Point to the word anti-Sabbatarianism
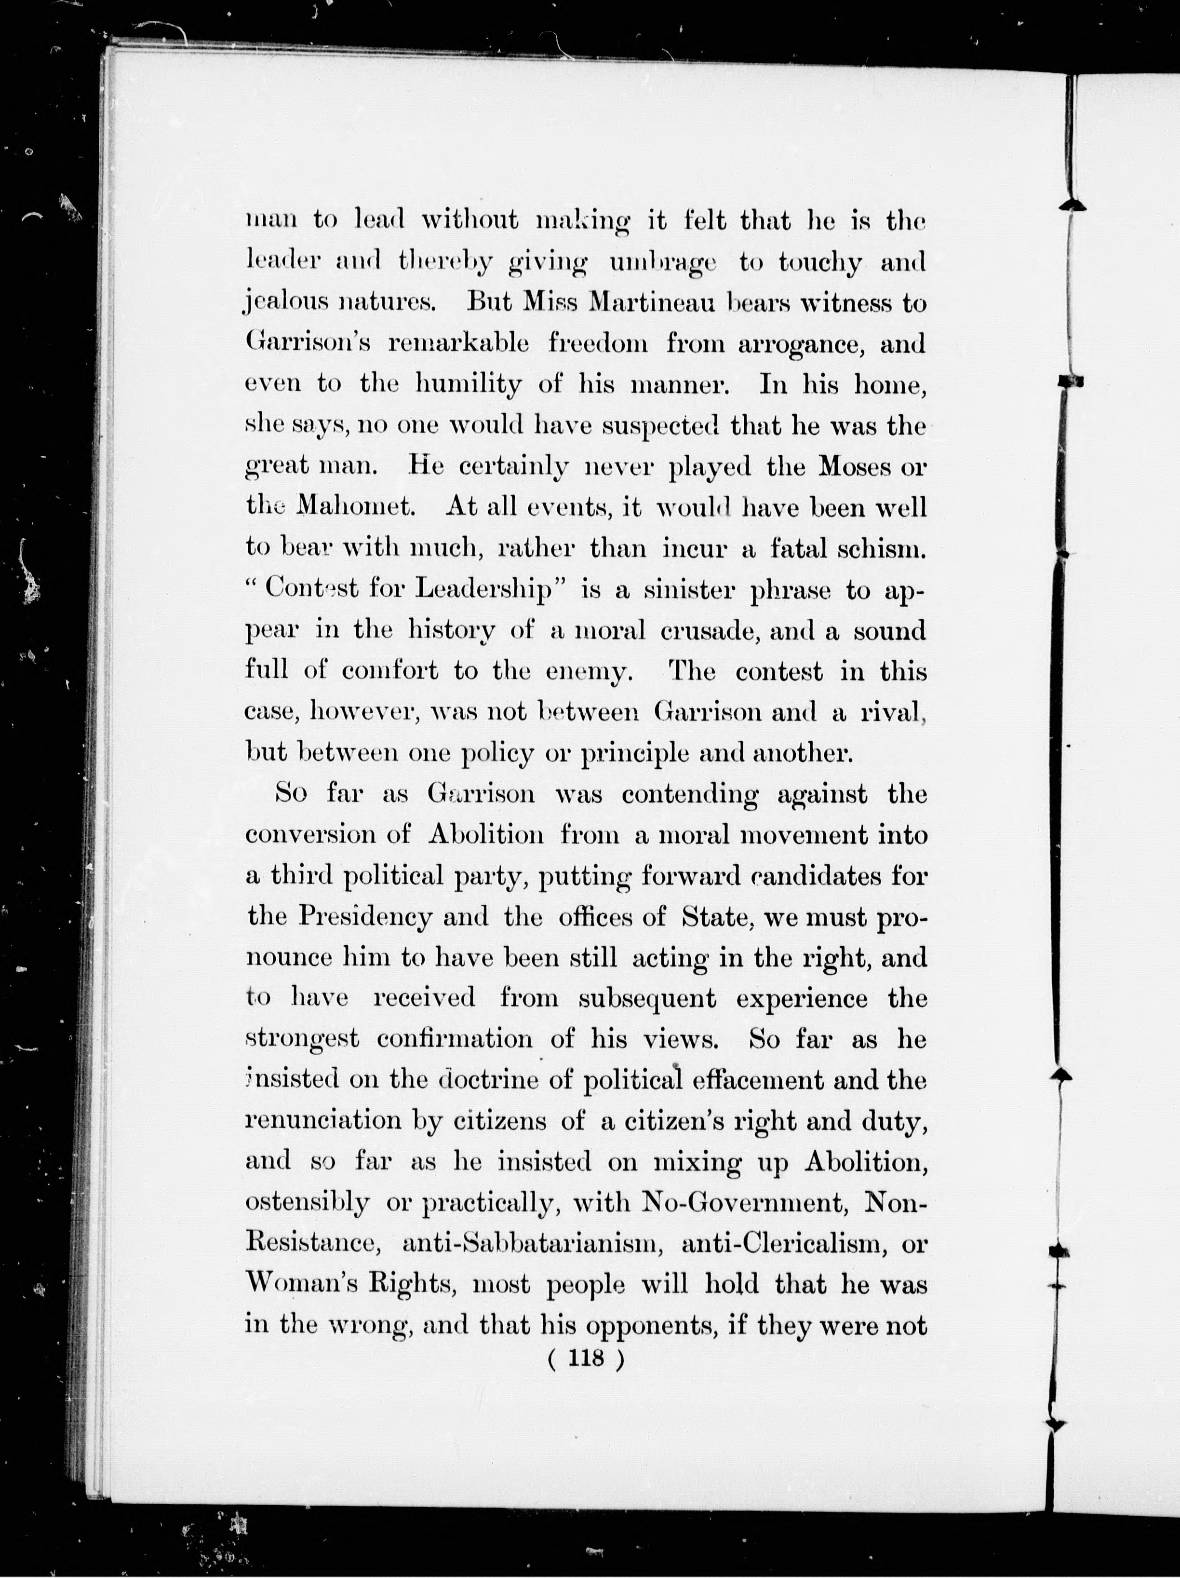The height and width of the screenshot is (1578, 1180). tap(533, 1243)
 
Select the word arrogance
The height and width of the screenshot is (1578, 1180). tap(802, 344)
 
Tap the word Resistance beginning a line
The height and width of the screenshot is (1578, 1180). tap(311, 1243)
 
